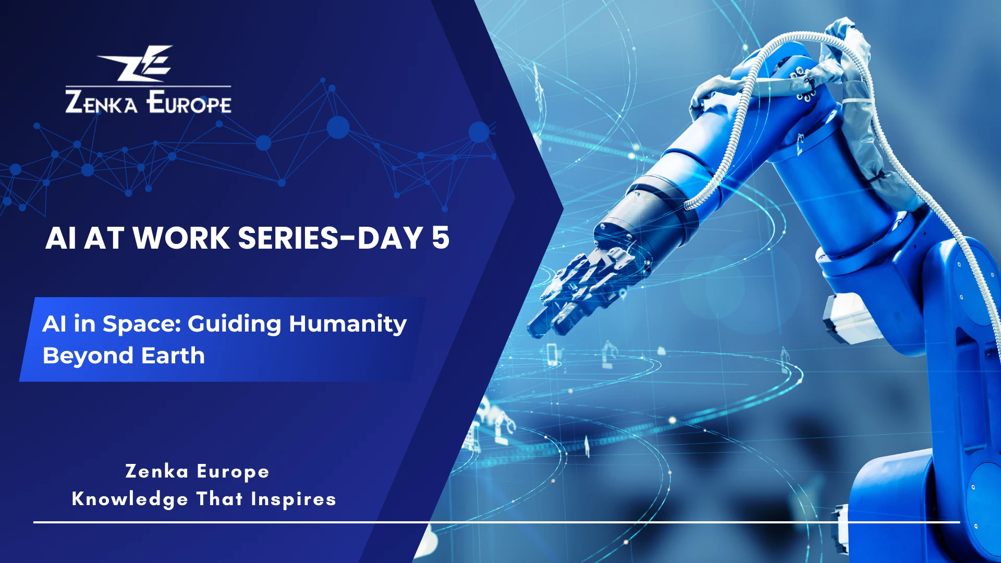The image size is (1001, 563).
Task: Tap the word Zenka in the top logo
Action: [x=101, y=102]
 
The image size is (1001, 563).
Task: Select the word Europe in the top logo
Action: [x=189, y=102]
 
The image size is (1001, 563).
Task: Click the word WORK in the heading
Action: [x=181, y=238]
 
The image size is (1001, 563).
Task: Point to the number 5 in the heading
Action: [x=440, y=238]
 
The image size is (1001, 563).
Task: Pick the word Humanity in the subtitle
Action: [x=348, y=324]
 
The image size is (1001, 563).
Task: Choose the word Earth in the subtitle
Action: [x=173, y=356]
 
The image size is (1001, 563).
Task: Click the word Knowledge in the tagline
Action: [x=130, y=499]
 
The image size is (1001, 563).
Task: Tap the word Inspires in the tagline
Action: [x=293, y=499]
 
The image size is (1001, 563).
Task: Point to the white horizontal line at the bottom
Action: [x=495, y=522]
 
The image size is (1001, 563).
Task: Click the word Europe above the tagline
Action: [x=233, y=472]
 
